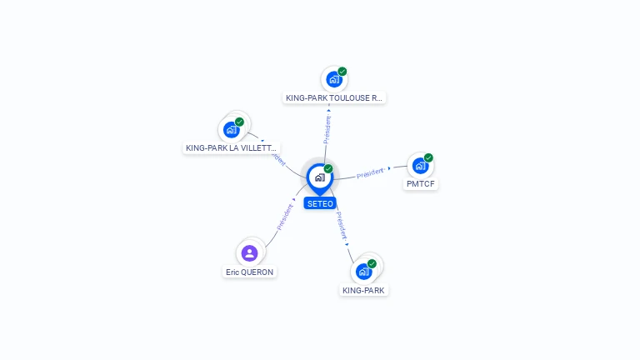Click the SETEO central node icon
pyautogui.click(x=319, y=177)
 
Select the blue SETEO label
pyautogui.click(x=319, y=203)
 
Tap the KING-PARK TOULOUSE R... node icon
pyautogui.click(x=333, y=80)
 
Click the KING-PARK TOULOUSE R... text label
pyautogui.click(x=334, y=98)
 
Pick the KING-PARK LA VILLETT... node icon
pyautogui.click(x=231, y=130)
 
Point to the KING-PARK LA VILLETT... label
pyautogui.click(x=231, y=148)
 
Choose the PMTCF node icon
pyautogui.click(x=420, y=166)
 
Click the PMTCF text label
pyautogui.click(x=420, y=184)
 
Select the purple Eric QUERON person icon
pyautogui.click(x=249, y=252)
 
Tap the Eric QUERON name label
pyautogui.click(x=249, y=272)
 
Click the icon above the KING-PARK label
pyautogui.click(x=363, y=272)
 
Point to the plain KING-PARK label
pyautogui.click(x=364, y=291)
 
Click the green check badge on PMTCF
pyautogui.click(x=428, y=157)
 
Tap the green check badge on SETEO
pyautogui.click(x=328, y=168)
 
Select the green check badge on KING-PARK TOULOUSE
pyautogui.click(x=342, y=72)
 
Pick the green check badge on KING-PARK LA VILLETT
pyautogui.click(x=240, y=122)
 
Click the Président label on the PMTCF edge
pyautogui.click(x=370, y=173)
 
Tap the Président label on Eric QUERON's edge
pyautogui.click(x=284, y=216)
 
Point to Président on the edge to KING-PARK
pyautogui.click(x=341, y=226)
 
